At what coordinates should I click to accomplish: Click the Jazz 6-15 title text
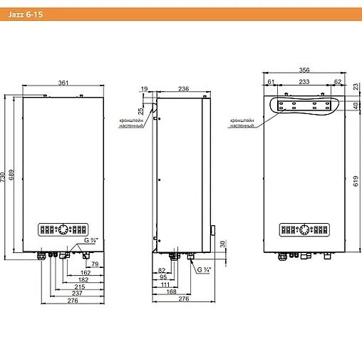(26, 14)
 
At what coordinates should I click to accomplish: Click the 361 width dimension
(63, 83)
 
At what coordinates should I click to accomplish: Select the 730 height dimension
(3, 177)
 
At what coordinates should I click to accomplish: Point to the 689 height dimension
(11, 175)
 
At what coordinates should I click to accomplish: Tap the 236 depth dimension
(183, 89)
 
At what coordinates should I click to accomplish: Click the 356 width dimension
(304, 70)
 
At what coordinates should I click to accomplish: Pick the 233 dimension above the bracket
(304, 82)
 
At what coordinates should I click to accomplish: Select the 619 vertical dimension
(356, 181)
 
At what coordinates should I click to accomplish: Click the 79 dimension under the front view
(95, 264)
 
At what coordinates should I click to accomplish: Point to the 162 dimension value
(86, 272)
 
